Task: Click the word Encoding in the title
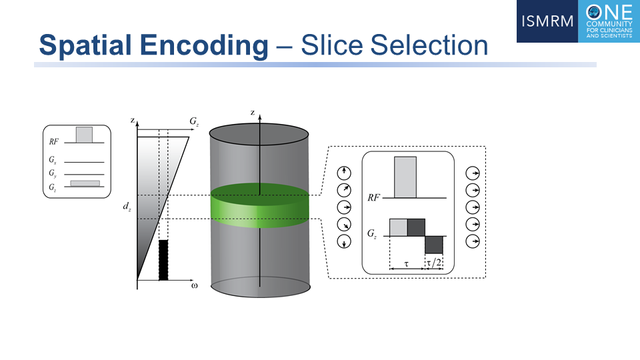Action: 205,45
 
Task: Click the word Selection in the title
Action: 429,45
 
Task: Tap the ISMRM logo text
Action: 547,21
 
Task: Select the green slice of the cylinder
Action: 259,205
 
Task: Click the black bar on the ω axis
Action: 163,260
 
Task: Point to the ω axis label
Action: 194,285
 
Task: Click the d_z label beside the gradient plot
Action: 127,207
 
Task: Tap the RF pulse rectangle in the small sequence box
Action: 84,135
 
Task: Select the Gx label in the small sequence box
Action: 53,159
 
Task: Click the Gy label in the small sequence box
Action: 53,173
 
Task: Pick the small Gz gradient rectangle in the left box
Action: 85,183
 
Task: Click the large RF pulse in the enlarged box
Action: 405,177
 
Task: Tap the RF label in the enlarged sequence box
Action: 373,198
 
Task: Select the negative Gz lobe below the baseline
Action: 434,245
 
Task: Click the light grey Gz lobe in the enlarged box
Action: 399,227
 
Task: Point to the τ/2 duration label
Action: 434,263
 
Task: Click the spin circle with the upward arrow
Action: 344,173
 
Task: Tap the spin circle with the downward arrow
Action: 344,241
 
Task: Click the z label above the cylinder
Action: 253,112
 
